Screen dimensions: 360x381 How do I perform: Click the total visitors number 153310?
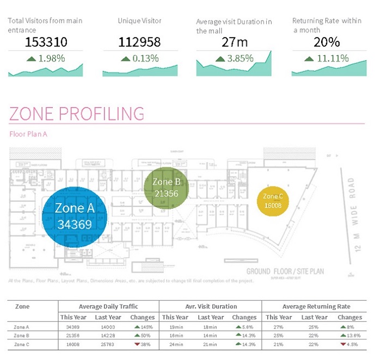click(x=45, y=42)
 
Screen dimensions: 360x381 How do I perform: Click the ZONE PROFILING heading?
click(x=77, y=114)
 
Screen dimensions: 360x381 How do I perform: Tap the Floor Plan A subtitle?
click(x=28, y=134)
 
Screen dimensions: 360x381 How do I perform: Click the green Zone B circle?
click(x=167, y=187)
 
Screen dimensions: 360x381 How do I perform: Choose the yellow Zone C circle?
click(x=273, y=201)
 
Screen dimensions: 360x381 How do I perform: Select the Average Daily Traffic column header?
click(x=108, y=307)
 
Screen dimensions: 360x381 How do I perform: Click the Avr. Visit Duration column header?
click(x=210, y=307)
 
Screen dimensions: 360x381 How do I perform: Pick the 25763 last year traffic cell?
click(x=108, y=345)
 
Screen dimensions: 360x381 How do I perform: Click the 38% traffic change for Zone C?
click(x=143, y=345)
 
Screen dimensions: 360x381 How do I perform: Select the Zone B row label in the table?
click(x=22, y=336)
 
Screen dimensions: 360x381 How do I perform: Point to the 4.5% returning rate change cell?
click(x=349, y=345)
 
